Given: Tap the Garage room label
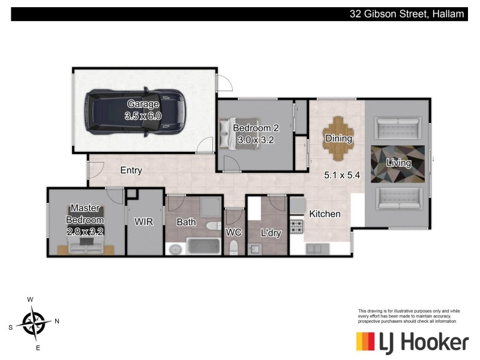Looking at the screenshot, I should (x=143, y=104).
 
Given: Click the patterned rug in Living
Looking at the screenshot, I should (x=398, y=163).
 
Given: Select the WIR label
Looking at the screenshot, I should (x=144, y=222).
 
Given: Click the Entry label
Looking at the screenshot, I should (x=131, y=170).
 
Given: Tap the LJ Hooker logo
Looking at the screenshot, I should (x=412, y=343).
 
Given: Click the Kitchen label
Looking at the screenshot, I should (x=325, y=214).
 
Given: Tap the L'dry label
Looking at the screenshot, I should (x=271, y=233).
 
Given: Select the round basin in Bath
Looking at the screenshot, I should (x=175, y=248).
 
